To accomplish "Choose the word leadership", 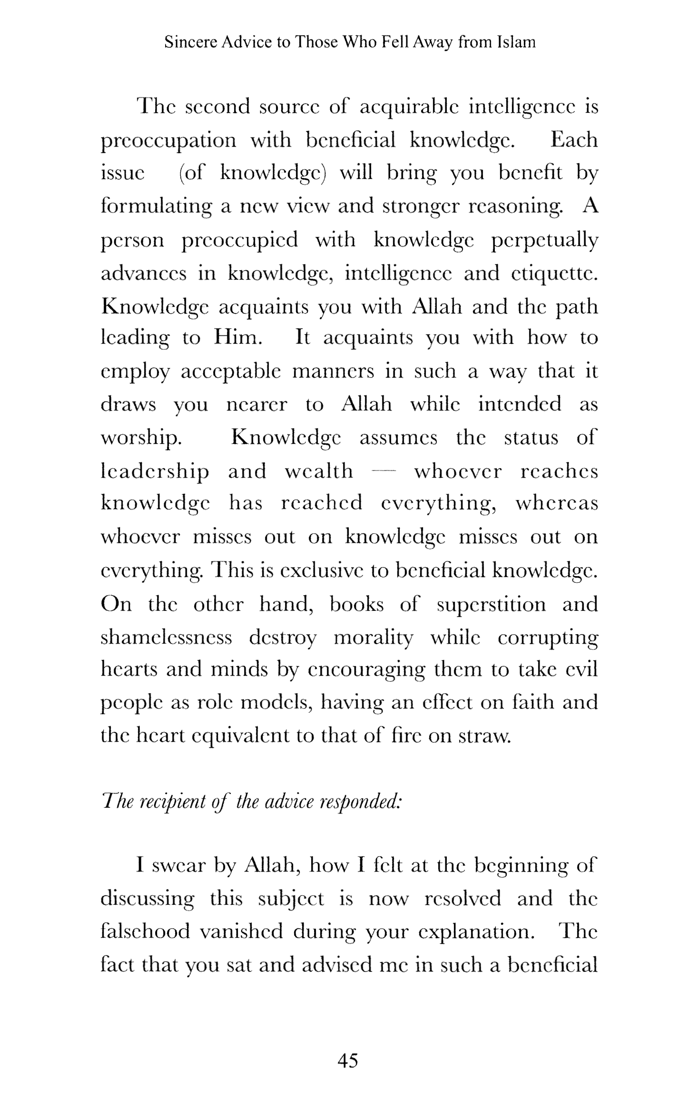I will coord(155,471).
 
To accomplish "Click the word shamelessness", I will coord(166,637).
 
